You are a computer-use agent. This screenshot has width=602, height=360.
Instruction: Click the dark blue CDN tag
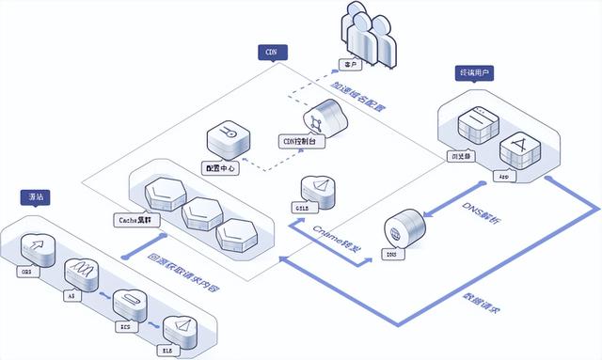pyautogui.click(x=272, y=53)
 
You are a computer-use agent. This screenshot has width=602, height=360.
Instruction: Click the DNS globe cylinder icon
pyautogui.click(x=400, y=230)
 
